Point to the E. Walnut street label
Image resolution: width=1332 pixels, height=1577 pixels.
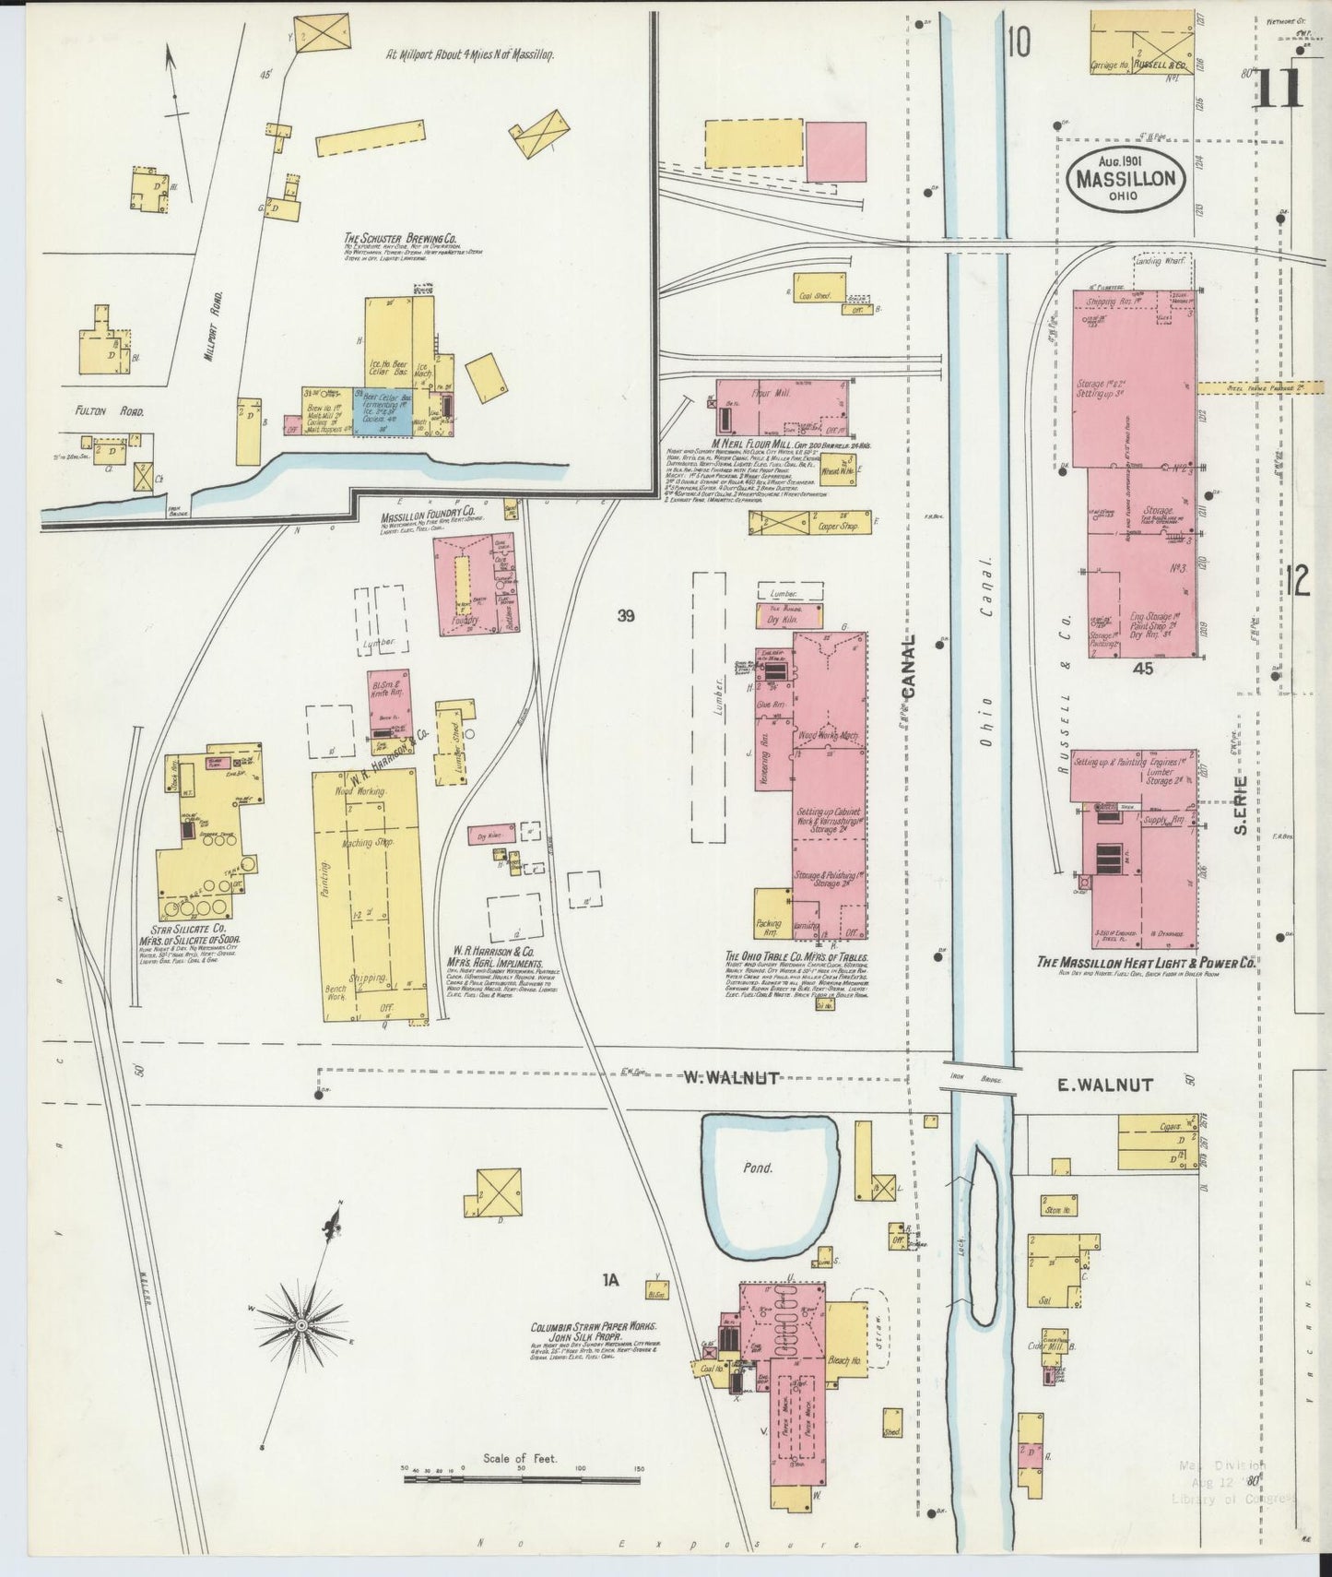(x=1104, y=1085)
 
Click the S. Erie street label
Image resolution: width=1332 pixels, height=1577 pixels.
(x=1243, y=806)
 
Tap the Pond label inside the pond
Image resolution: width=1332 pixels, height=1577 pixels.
(x=760, y=1167)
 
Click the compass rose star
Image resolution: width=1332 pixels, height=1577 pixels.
(x=301, y=1324)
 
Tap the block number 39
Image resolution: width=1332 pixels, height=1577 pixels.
(x=626, y=616)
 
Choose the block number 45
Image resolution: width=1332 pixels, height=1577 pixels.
(x=1146, y=668)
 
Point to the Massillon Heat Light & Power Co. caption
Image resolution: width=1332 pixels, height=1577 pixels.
(x=1146, y=962)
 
